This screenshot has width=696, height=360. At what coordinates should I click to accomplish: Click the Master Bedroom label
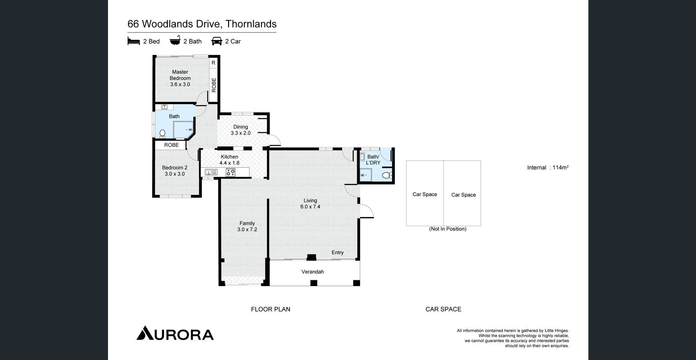pos(180,78)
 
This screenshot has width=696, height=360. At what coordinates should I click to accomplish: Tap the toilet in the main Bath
pos(163,133)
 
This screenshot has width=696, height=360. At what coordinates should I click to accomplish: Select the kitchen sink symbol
pos(211,172)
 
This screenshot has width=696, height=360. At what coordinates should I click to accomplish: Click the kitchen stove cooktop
pos(230,172)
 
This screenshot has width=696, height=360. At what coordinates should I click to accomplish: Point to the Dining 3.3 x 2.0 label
pos(240,130)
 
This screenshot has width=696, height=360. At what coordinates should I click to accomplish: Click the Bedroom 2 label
pos(175,171)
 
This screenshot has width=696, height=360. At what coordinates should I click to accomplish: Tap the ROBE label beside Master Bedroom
pos(214,85)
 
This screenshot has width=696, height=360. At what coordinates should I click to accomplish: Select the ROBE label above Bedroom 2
pos(171,145)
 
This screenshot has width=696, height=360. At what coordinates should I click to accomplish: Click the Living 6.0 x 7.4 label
pos(310,204)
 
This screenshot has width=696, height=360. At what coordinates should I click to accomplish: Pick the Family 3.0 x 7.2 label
pos(247,227)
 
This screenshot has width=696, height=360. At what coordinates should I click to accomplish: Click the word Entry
pos(338,252)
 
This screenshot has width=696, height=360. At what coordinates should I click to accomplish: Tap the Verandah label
pos(313,272)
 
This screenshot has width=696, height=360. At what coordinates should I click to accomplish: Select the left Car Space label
pos(425,194)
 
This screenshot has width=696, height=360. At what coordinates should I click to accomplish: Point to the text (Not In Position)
pos(448,229)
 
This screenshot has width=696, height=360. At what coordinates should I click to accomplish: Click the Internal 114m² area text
pos(548,167)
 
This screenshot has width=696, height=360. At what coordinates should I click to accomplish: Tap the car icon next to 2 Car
pos(217,41)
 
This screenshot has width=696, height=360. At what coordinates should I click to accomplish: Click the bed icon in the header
pos(134,41)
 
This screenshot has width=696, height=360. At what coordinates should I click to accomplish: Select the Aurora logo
pos(175,333)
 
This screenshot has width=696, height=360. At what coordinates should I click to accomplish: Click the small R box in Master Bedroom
pos(213,63)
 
